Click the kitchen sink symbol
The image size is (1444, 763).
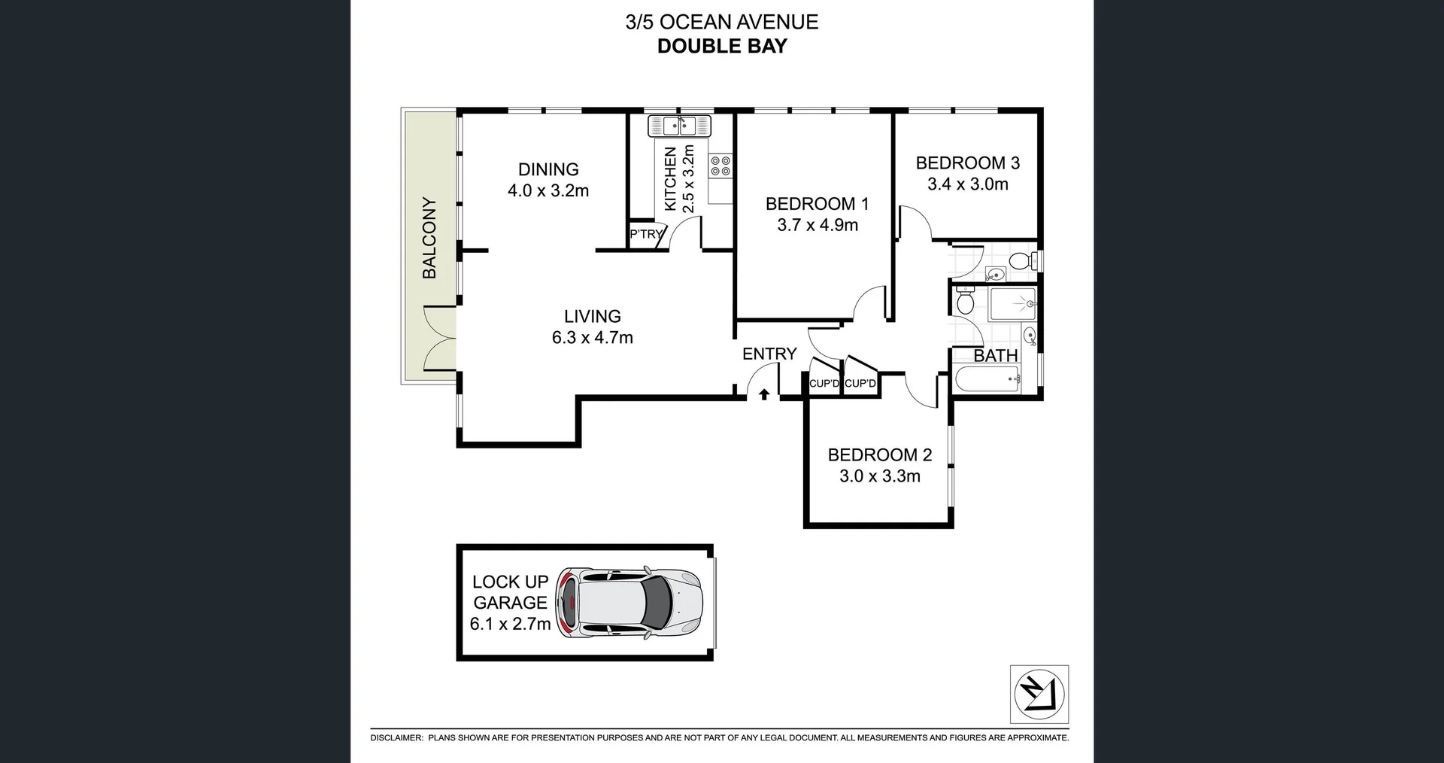coord(679,126)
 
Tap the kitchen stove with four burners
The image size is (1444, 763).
coord(720,166)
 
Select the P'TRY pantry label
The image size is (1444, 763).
coord(645,235)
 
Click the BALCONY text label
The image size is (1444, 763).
coord(429,238)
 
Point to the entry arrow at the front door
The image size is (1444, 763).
coord(764,394)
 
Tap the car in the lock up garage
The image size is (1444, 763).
coord(629,603)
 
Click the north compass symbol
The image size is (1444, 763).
coord(1039,694)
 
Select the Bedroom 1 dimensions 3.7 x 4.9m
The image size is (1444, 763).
coord(818,225)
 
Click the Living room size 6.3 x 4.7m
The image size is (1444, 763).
coord(593,338)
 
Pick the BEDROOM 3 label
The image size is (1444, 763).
coord(967,163)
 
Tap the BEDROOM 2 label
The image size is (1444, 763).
coord(879,455)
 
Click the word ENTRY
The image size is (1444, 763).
coord(769,354)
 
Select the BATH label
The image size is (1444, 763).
coord(995,355)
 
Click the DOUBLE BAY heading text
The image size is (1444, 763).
coord(722,46)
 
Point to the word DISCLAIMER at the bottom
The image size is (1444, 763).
coord(396,738)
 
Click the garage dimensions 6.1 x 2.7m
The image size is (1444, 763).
coord(510,624)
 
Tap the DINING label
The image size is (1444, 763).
coord(548,169)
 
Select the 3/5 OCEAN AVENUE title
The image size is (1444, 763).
coord(722,22)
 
